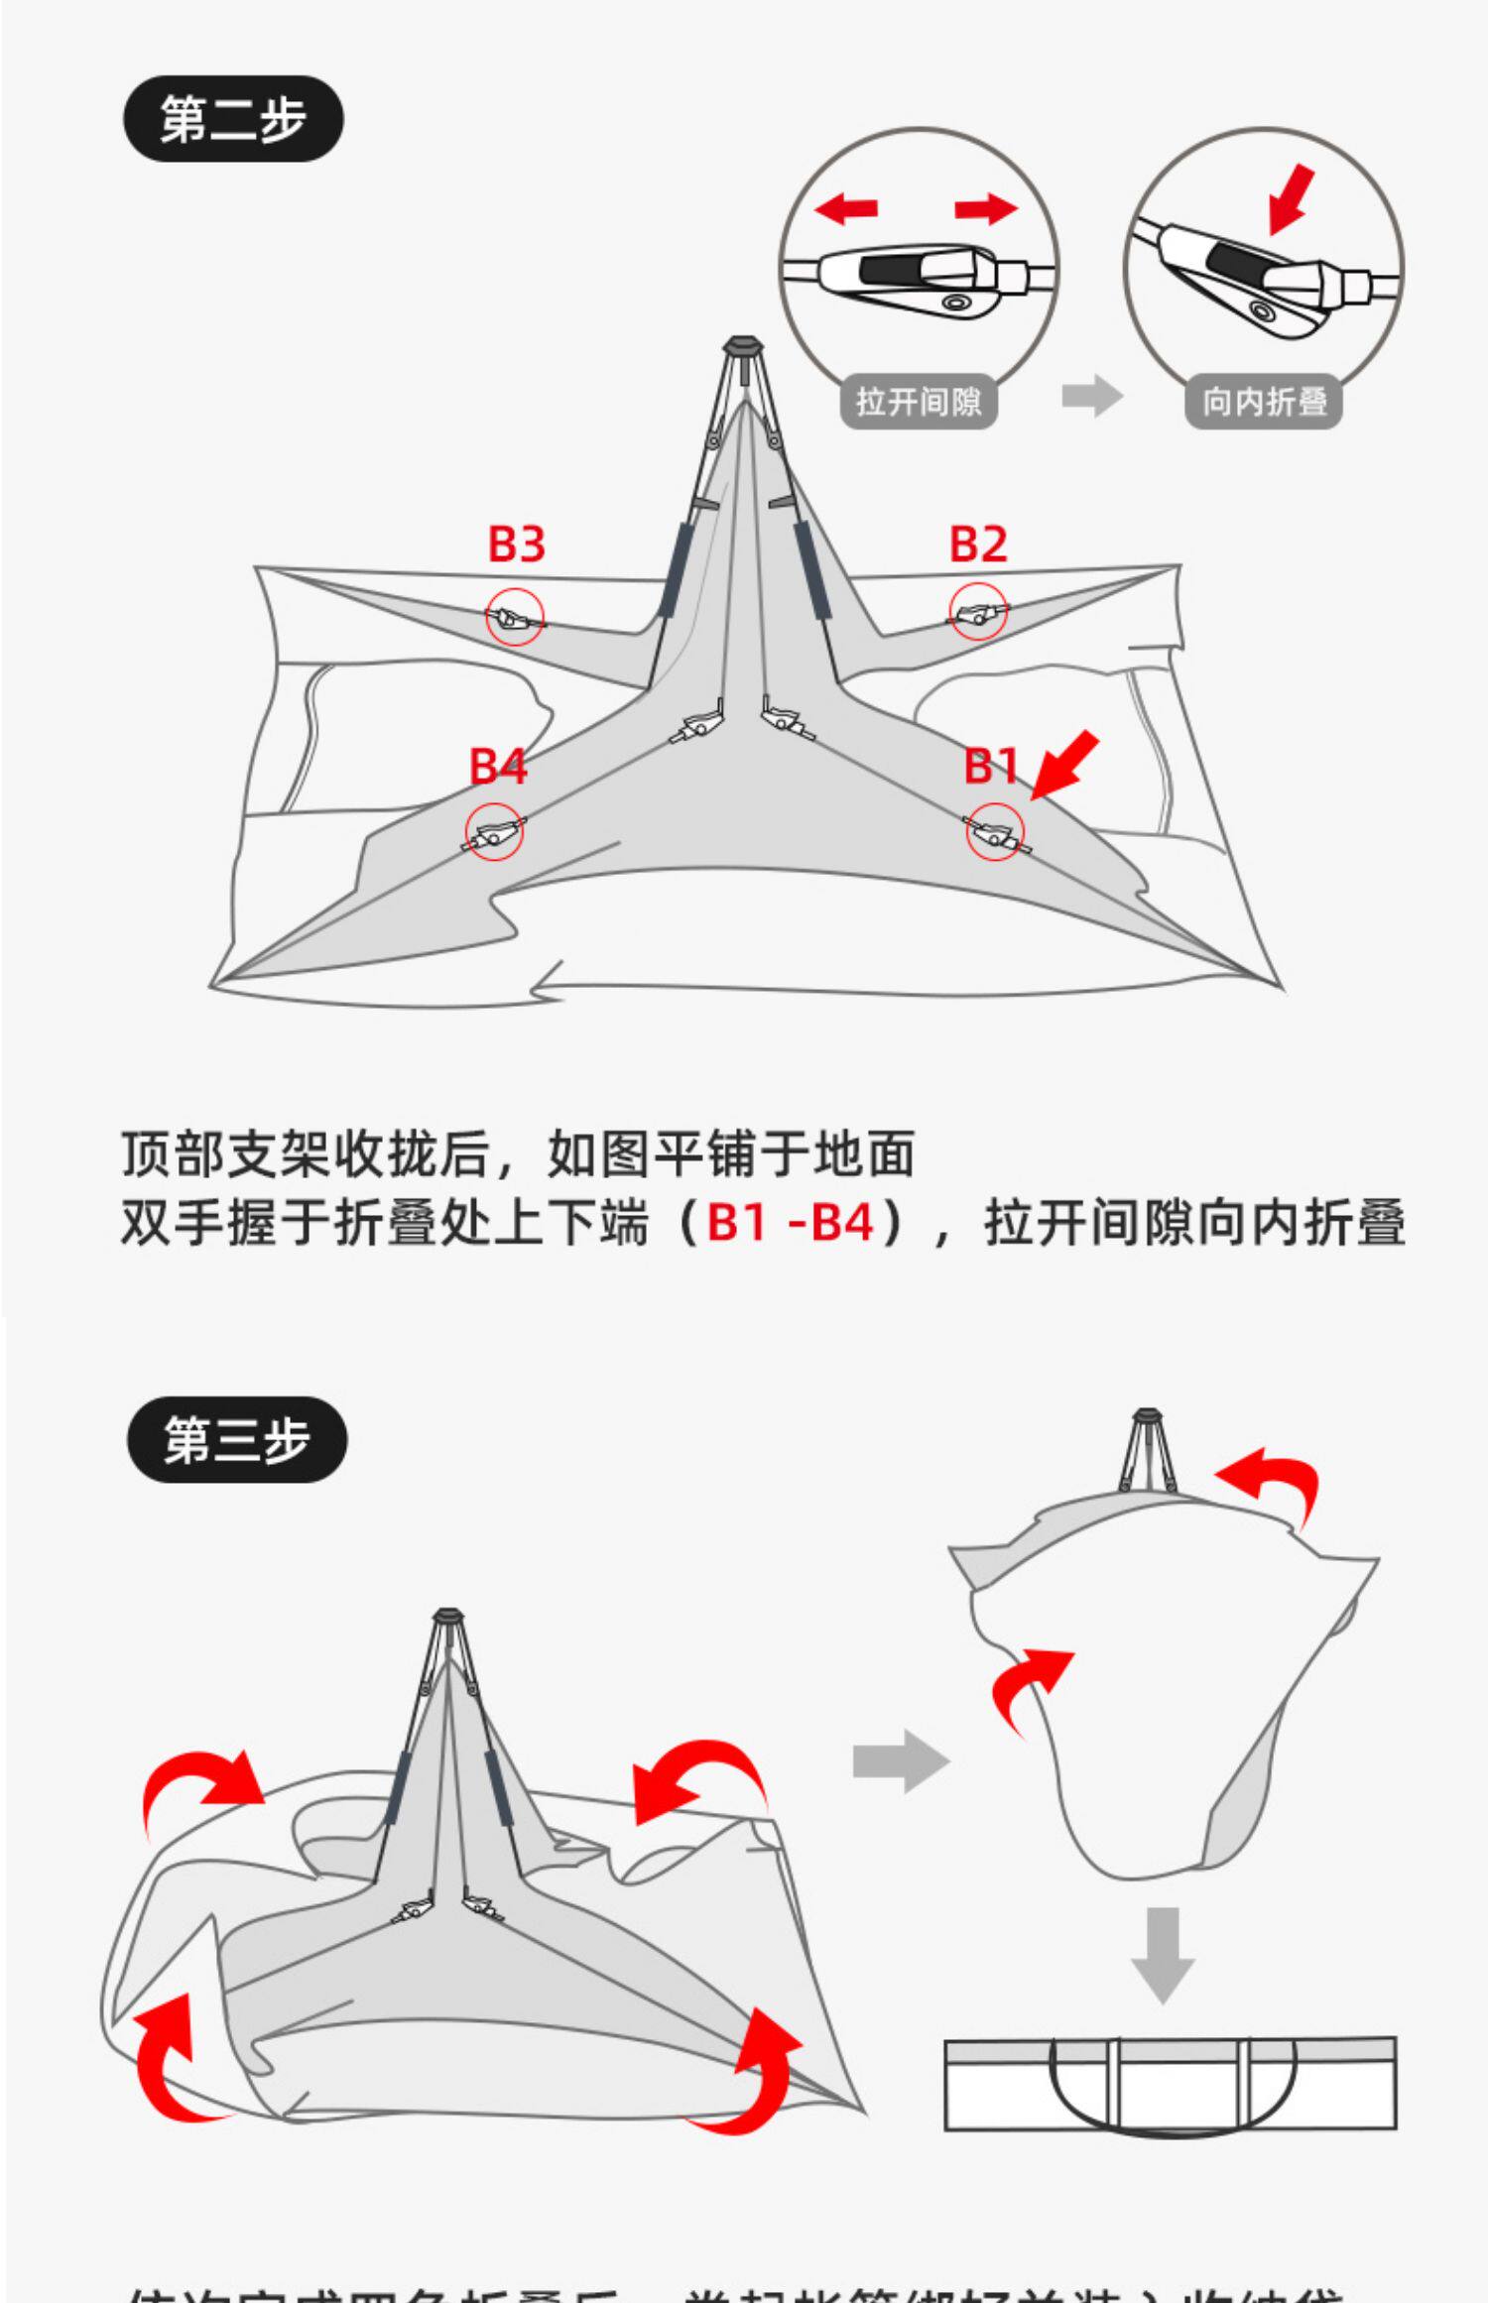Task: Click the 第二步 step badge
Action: [x=233, y=119]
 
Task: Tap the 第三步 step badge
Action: [x=237, y=1439]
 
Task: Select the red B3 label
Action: [x=517, y=544]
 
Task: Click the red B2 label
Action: [x=978, y=544]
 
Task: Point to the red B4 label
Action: [x=498, y=766]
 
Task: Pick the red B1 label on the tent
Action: [x=992, y=766]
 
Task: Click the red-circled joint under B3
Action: [x=515, y=617]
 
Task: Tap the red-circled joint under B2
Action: [x=978, y=613]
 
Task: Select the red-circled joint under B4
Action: [x=494, y=832]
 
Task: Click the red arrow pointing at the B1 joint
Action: [x=1066, y=764]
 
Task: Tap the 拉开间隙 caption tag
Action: [x=919, y=402]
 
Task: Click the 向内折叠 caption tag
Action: [x=1264, y=402]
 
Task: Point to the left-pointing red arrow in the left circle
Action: [x=846, y=208]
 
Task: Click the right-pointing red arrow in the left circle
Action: [x=986, y=208]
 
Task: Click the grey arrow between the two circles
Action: [x=1091, y=398]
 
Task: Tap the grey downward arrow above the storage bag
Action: [x=1163, y=1954]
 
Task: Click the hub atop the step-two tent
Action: [x=742, y=347]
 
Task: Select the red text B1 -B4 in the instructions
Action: [x=791, y=1222]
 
